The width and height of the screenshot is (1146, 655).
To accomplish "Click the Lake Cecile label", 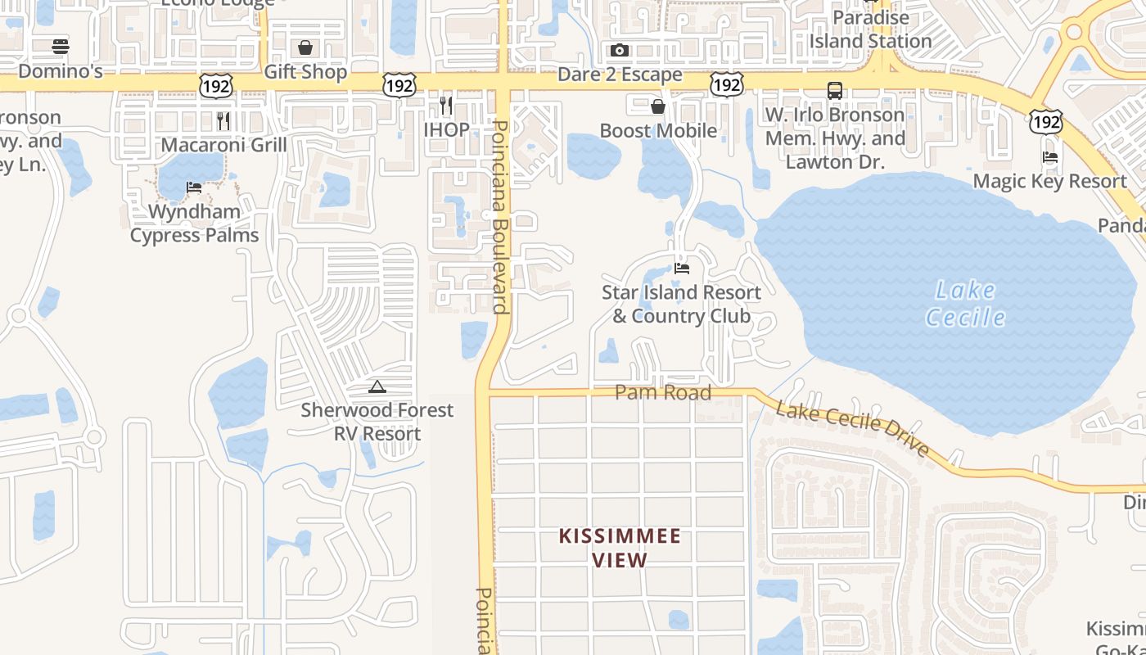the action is [966, 303].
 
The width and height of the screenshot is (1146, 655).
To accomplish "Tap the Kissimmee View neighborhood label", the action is [620, 548].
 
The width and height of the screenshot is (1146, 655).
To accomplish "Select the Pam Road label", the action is [663, 393].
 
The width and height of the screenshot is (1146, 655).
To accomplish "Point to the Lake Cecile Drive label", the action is [853, 428].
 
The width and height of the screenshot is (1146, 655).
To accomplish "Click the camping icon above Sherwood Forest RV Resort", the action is [377, 386].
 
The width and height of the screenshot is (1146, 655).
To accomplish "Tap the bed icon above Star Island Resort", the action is [681, 268].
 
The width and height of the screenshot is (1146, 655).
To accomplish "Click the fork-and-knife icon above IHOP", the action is [446, 105].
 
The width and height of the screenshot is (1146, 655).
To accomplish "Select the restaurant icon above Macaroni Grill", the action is [223, 121].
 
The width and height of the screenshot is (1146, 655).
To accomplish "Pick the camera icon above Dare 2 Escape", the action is [620, 51].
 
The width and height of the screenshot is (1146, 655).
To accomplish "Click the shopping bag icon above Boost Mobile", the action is [658, 106].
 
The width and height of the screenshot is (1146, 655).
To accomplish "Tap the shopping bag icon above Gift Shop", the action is [305, 47].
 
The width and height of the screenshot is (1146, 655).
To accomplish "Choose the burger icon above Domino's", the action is [60, 47].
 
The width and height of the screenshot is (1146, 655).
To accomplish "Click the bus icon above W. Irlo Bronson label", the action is [835, 91].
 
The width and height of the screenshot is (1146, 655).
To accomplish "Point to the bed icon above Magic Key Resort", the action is [1050, 157].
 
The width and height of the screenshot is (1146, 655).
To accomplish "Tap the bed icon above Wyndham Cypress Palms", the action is [194, 187].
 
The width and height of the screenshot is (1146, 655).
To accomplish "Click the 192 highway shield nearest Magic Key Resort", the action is [1046, 122].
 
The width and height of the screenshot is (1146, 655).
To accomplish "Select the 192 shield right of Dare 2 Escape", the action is [726, 84].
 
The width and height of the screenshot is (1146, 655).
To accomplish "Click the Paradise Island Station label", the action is [871, 29].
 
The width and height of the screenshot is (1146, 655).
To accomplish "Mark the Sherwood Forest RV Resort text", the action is [377, 422].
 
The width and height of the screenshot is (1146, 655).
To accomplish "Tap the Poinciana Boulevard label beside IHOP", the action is [501, 217].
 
